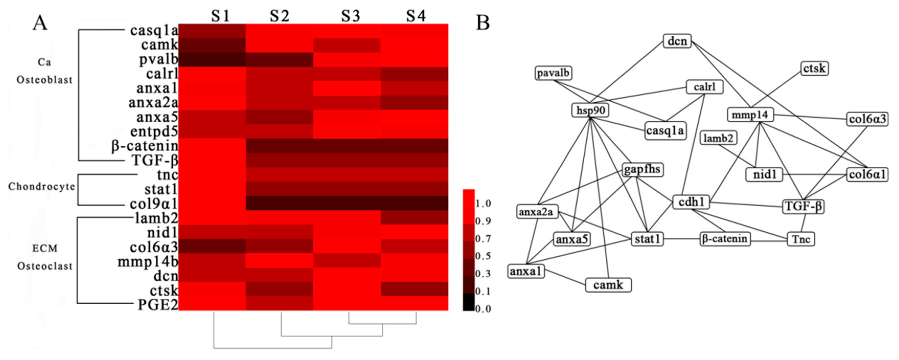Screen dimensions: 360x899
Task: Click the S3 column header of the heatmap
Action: (x=350, y=16)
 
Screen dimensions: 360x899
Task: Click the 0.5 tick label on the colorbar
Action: (x=483, y=256)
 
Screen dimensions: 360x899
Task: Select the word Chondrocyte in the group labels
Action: (x=42, y=187)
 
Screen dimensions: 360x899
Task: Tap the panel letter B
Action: (x=483, y=23)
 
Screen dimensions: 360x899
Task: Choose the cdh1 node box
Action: (x=691, y=202)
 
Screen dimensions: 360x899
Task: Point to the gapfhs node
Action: (x=642, y=170)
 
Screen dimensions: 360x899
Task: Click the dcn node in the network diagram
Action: (x=677, y=41)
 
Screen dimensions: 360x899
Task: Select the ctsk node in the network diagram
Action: (x=814, y=68)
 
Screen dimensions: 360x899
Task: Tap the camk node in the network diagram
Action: (x=608, y=285)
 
